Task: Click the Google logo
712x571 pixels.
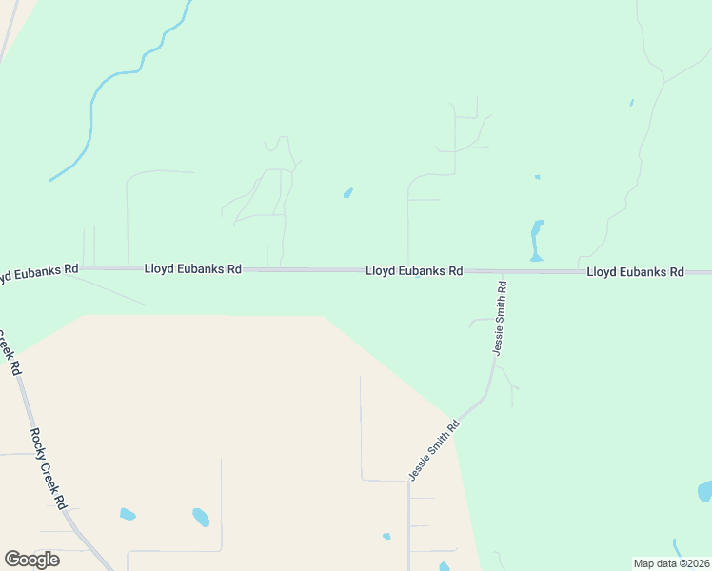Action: (x=31, y=560)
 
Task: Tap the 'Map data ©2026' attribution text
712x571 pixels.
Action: (x=671, y=563)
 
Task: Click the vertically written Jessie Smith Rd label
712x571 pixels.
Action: (x=500, y=318)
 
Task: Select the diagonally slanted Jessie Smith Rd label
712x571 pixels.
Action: (x=434, y=451)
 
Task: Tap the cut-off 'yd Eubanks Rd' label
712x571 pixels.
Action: (x=38, y=272)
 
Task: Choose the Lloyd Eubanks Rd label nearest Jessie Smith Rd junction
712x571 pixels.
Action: (x=414, y=271)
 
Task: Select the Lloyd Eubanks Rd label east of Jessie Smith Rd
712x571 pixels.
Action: (x=635, y=272)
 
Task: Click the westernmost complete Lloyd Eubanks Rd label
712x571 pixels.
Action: (x=193, y=269)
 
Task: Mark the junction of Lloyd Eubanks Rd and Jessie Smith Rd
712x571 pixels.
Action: (x=502, y=272)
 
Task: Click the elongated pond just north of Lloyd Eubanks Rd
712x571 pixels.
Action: (x=537, y=240)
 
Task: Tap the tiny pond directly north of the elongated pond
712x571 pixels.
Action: (x=538, y=177)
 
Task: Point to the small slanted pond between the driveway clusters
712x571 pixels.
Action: (x=348, y=193)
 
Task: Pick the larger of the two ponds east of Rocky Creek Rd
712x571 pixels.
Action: (x=201, y=518)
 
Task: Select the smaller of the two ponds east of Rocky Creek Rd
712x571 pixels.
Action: (x=128, y=515)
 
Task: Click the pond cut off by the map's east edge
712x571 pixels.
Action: (x=705, y=491)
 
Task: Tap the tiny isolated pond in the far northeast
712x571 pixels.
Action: (x=631, y=102)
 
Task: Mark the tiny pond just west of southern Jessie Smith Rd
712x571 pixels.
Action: (x=386, y=537)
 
